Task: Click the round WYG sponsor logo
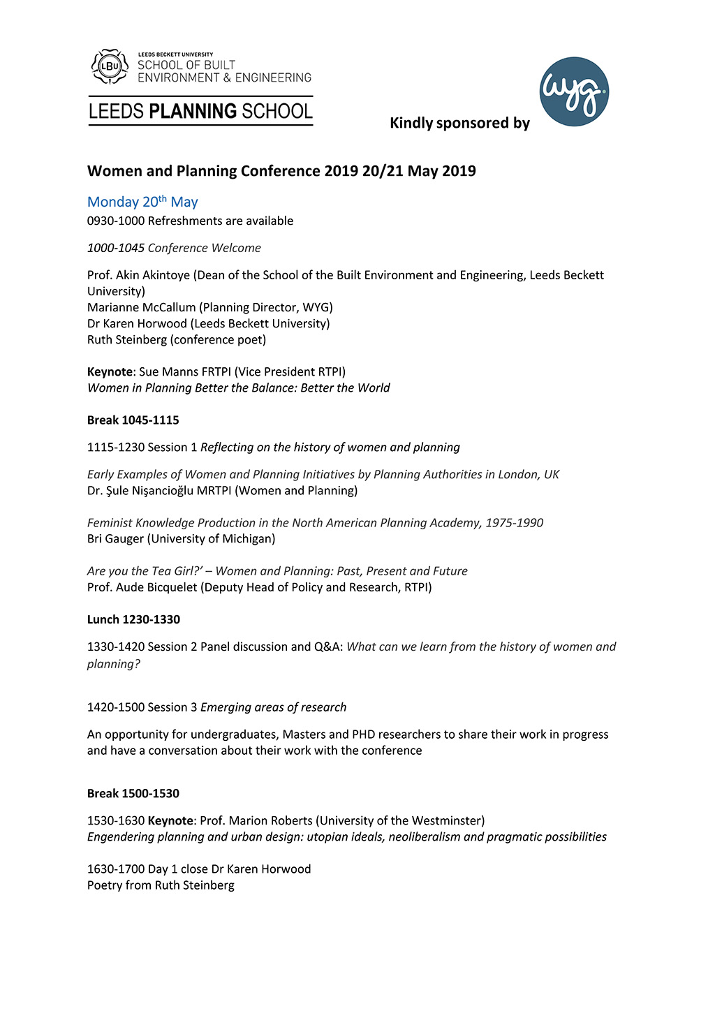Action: tap(574, 91)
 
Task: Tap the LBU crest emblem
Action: tap(110, 66)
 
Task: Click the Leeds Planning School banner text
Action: tap(200, 112)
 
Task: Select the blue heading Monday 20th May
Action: tap(142, 202)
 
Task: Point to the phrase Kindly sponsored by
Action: tap(459, 123)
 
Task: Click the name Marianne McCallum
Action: tap(142, 307)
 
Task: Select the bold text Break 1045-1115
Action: tap(133, 420)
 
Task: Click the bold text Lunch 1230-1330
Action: tap(133, 619)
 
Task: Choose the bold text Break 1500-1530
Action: tap(133, 793)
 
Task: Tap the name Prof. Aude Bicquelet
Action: tap(142, 587)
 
